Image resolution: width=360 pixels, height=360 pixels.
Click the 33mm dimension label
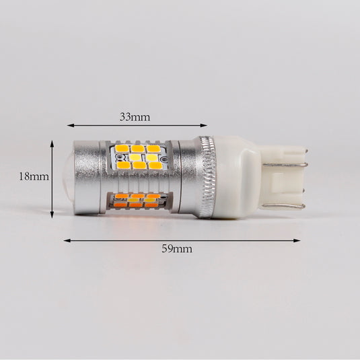(x=135, y=117)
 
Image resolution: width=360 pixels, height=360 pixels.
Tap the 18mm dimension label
(x=34, y=176)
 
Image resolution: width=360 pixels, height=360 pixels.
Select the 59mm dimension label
(x=177, y=249)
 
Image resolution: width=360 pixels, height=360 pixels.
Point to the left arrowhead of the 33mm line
(x=70, y=125)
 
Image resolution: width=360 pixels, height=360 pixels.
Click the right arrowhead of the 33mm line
(x=204, y=125)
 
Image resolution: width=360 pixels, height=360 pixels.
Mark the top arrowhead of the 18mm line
(x=52, y=144)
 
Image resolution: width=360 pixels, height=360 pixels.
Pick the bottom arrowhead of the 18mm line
(x=52, y=215)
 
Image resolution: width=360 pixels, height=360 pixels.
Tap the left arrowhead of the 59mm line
(x=67, y=240)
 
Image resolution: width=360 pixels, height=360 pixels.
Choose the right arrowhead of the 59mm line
(x=297, y=240)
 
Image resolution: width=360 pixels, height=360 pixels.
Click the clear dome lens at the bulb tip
(x=68, y=177)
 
